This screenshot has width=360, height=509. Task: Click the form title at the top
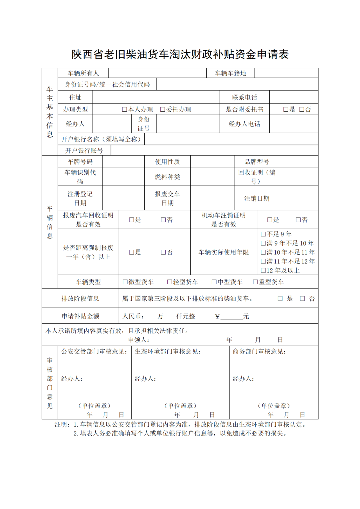point(180,54)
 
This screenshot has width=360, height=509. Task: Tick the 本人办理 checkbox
point(125,109)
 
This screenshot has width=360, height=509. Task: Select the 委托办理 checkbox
point(163,109)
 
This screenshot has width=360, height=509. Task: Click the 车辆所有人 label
point(83,73)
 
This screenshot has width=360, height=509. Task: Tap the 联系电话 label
point(244,97)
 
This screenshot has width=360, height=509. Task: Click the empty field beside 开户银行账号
point(214,150)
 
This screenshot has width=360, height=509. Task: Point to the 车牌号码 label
point(80,162)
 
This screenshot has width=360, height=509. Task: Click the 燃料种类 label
point(167,177)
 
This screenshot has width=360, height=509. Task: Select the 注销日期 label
point(257,198)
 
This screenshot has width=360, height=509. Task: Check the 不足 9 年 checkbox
point(263,234)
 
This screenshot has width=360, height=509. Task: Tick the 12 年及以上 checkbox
point(263,270)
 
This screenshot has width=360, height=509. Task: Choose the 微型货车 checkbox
point(125,282)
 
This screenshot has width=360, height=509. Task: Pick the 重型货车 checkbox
point(255,282)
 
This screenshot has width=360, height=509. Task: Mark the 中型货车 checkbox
point(214,282)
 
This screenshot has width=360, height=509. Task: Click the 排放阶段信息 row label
point(80,298)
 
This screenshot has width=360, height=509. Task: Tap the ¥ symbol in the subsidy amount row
point(217,316)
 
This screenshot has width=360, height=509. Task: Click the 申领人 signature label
point(139,340)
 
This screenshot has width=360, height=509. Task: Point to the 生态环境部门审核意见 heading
point(167,352)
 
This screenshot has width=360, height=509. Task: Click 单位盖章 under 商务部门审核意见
point(274,406)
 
